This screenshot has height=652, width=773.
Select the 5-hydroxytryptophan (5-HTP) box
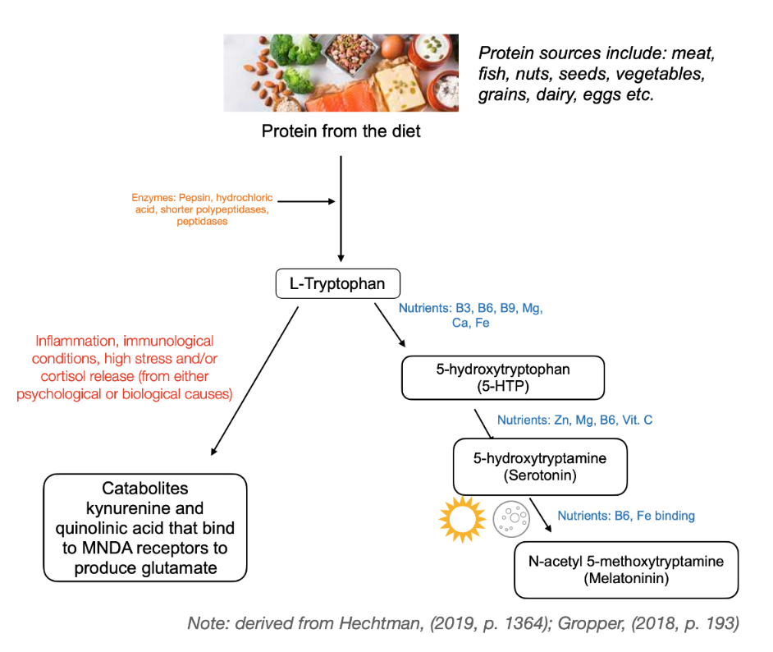click(502, 377)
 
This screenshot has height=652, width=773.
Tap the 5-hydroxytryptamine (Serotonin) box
click(539, 466)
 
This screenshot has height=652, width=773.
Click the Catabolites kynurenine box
click(144, 527)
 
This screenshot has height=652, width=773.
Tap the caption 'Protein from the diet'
click(341, 131)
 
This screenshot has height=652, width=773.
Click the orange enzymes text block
click(202, 210)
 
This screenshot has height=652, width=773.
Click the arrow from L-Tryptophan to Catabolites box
click(254, 378)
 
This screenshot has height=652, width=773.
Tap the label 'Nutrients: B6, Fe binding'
click(626, 516)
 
